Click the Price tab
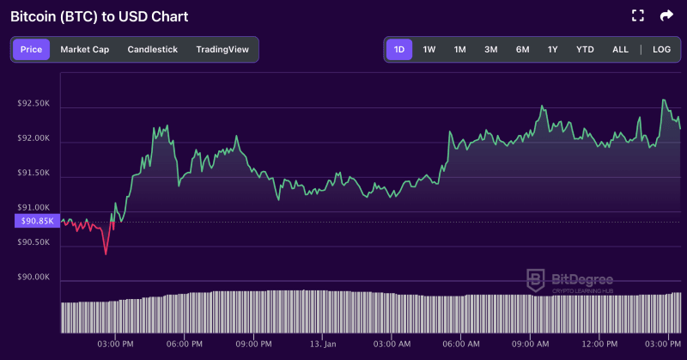[x=31, y=49]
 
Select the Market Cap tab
[x=84, y=49]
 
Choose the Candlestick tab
[x=152, y=49]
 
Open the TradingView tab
[x=222, y=49]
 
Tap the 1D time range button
[x=398, y=49]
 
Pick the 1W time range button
[x=429, y=49]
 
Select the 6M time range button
[x=522, y=49]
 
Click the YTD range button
[x=585, y=49]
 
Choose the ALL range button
[x=620, y=49]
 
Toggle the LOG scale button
[x=661, y=49]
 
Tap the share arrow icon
[x=666, y=15]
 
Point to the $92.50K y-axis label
[x=33, y=103]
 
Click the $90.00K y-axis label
[x=33, y=278]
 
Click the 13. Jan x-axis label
[x=323, y=344]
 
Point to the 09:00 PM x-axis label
[x=253, y=344]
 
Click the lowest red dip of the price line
[x=106, y=253]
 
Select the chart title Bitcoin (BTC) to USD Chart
[x=99, y=16]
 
